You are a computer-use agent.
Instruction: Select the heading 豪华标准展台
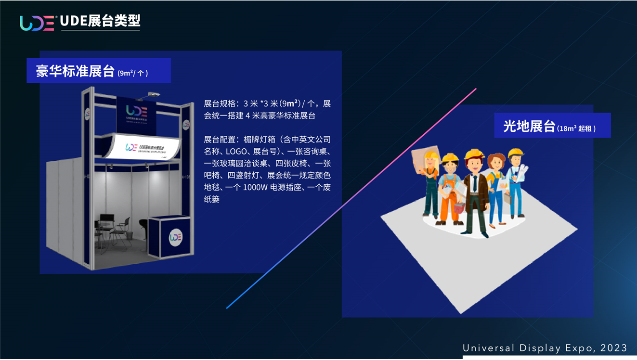point(75,71)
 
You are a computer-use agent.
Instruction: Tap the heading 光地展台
point(529,126)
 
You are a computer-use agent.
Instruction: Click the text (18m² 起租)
point(576,129)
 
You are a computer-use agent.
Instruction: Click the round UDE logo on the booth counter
point(175,237)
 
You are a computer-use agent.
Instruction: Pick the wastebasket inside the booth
point(130,235)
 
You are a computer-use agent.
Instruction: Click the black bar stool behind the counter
point(143,226)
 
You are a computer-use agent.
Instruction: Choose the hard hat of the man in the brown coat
point(474,154)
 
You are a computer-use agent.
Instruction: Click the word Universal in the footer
point(484,348)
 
